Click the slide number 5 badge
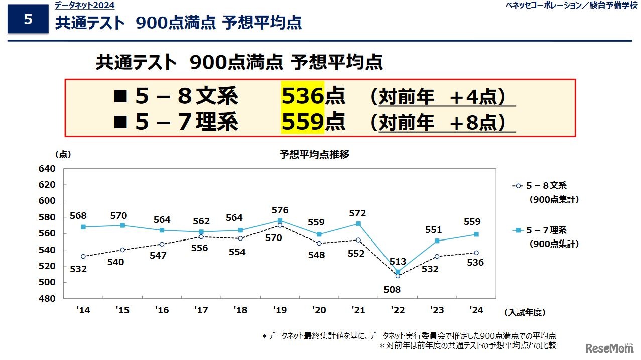pos(28,20)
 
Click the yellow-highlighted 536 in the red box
pos(303,96)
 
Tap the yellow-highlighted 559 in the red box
pos(303,122)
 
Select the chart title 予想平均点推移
pos(314,155)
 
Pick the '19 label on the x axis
pos(280,310)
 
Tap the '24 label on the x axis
pos(476,310)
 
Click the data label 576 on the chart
pos(280,210)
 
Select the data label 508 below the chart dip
pos(398,290)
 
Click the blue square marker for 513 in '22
pos(398,272)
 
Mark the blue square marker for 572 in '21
pos(358,223)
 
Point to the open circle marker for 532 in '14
pos(83,256)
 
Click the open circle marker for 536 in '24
pos(476,253)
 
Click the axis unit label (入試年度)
pos(525,312)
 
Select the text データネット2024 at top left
pos(84,6)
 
